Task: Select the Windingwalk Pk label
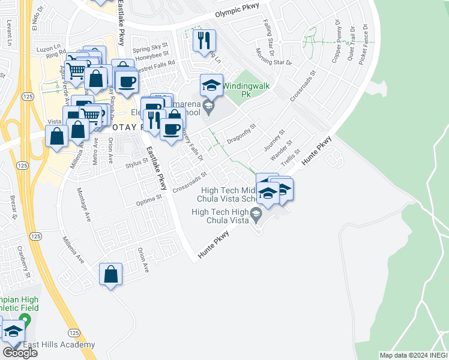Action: [246, 90]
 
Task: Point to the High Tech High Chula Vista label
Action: [220, 216]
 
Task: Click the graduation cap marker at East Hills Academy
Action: [13, 331]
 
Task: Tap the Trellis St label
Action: [298, 157]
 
